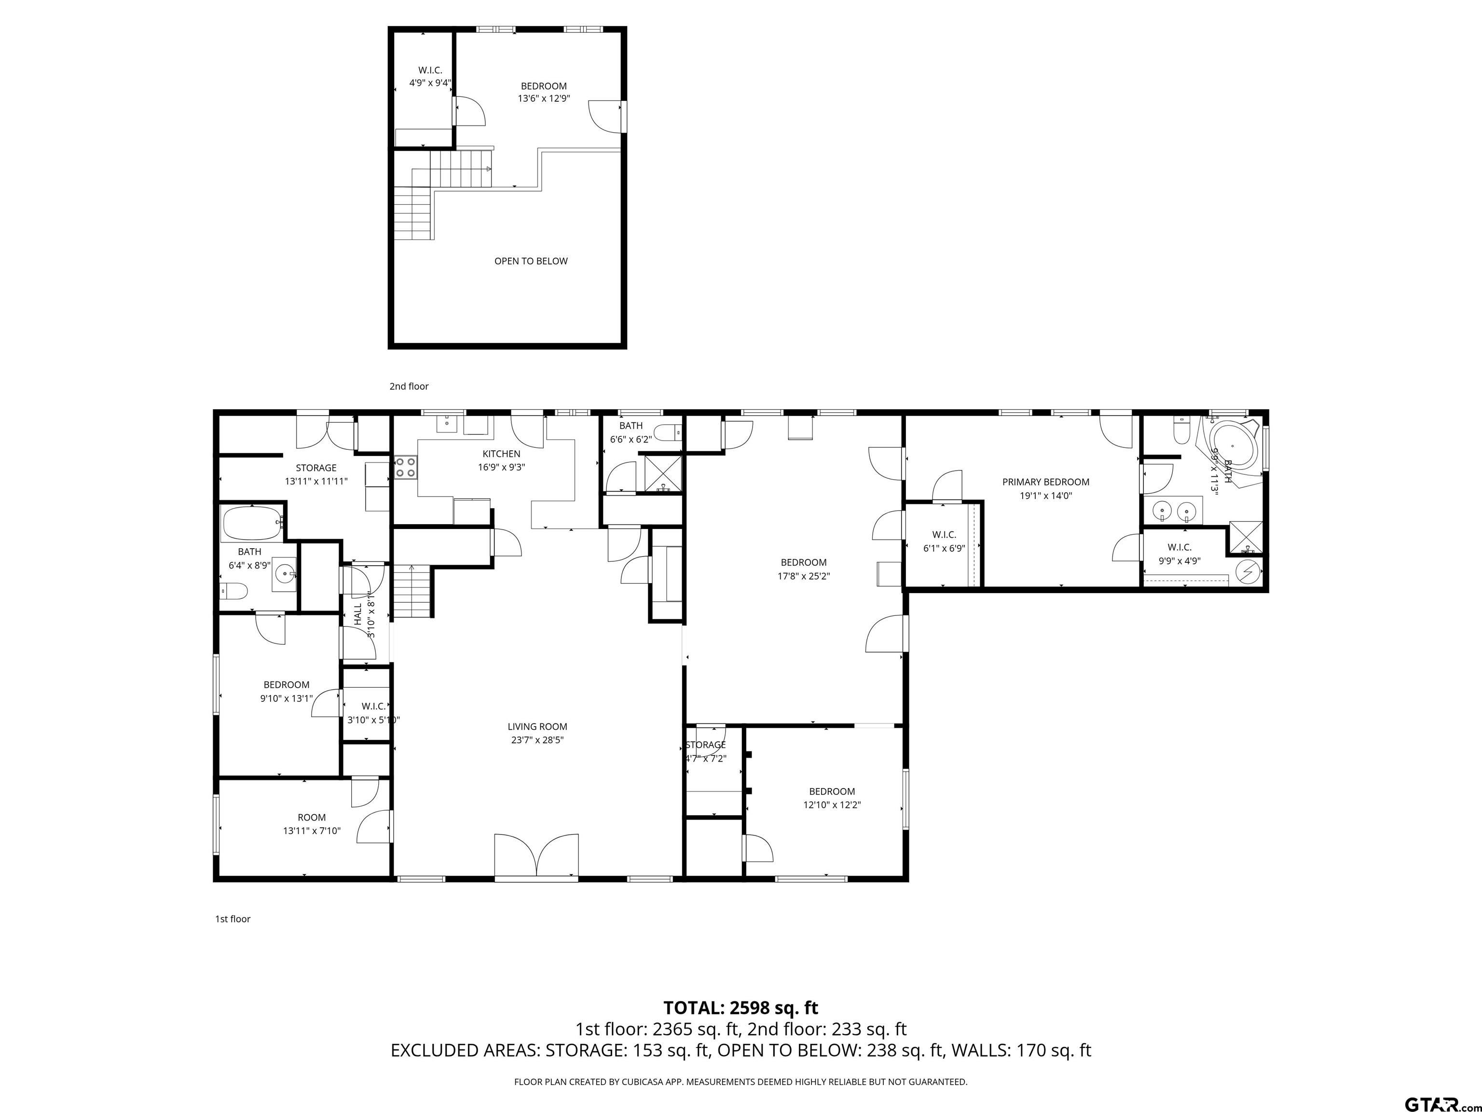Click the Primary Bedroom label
(1045, 482)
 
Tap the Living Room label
(537, 726)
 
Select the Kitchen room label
(501, 454)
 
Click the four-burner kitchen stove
(405, 467)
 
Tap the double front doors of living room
(536, 855)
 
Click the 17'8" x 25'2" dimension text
(803, 576)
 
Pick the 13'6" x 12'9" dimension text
(543, 98)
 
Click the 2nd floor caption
(409, 386)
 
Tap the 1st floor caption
(233, 919)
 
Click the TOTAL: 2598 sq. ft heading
(741, 1007)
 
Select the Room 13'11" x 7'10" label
(312, 824)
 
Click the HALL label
(358, 614)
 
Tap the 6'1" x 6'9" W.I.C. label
(944, 541)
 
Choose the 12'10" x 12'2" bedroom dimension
(832, 805)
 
